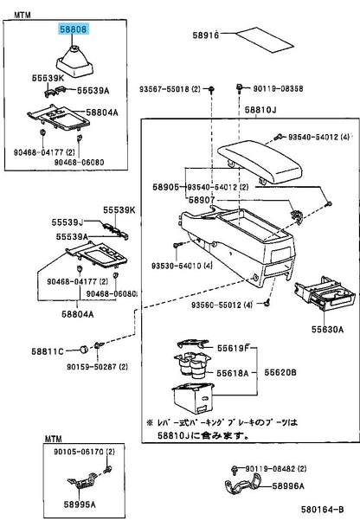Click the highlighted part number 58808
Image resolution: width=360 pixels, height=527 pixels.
(74, 29)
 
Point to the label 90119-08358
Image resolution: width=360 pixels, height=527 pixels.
(279, 88)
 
